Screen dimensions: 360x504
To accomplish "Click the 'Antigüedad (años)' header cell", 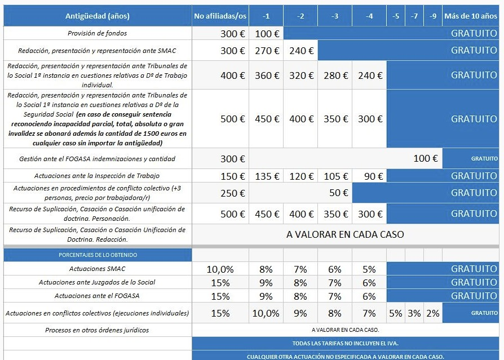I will coord(97,16).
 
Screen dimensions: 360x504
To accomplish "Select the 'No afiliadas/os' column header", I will coord(220,16).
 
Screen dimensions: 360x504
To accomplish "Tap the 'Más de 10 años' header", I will coord(471,16).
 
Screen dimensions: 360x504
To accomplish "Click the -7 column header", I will coord(414,16).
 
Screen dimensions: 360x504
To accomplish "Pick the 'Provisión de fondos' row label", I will coord(97,33).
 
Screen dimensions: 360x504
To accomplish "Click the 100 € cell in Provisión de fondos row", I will coord(267,33).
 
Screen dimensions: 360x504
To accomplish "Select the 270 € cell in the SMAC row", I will coord(267,51).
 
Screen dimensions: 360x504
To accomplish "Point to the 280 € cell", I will coord(335,75).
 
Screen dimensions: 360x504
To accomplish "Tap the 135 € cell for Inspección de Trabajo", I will coord(267,176).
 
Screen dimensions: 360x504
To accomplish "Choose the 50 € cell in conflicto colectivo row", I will coord(338,193).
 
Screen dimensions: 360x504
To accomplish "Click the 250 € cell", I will coord(232,193).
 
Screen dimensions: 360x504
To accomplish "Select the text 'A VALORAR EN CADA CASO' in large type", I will coord(345,234).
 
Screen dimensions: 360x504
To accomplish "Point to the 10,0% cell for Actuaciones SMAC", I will coord(220,269).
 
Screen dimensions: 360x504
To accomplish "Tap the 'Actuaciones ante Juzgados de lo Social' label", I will coord(97,282).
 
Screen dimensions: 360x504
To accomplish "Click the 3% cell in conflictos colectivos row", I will coord(414,313).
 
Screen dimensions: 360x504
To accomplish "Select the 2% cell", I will coord(433,313).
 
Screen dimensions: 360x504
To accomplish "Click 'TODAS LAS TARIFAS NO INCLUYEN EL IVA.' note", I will coord(345,343).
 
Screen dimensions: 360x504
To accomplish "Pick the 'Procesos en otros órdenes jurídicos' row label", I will coord(97,330).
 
